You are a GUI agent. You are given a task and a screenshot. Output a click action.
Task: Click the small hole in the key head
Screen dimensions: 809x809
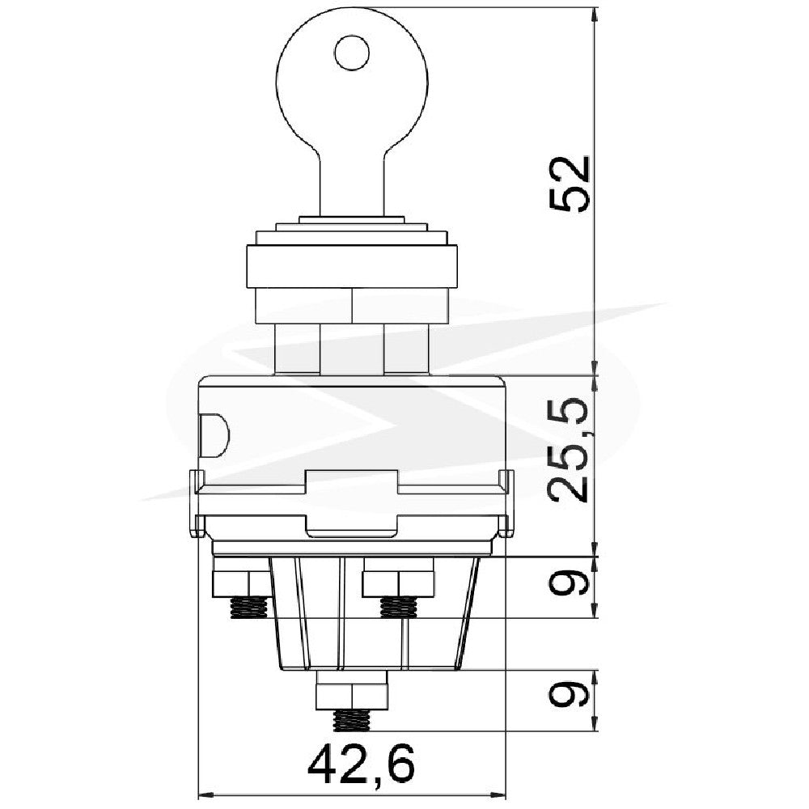[353, 53]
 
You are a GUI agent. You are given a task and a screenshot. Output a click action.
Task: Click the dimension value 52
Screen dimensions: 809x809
[569, 183]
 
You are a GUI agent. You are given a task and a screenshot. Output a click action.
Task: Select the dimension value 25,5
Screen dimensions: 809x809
[569, 449]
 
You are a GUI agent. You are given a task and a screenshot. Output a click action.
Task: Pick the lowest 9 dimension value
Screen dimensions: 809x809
[568, 694]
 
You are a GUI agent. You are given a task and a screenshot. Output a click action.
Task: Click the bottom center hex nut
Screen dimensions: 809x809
[353, 690]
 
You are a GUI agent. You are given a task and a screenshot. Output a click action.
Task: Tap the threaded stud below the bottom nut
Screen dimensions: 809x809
[353, 720]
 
